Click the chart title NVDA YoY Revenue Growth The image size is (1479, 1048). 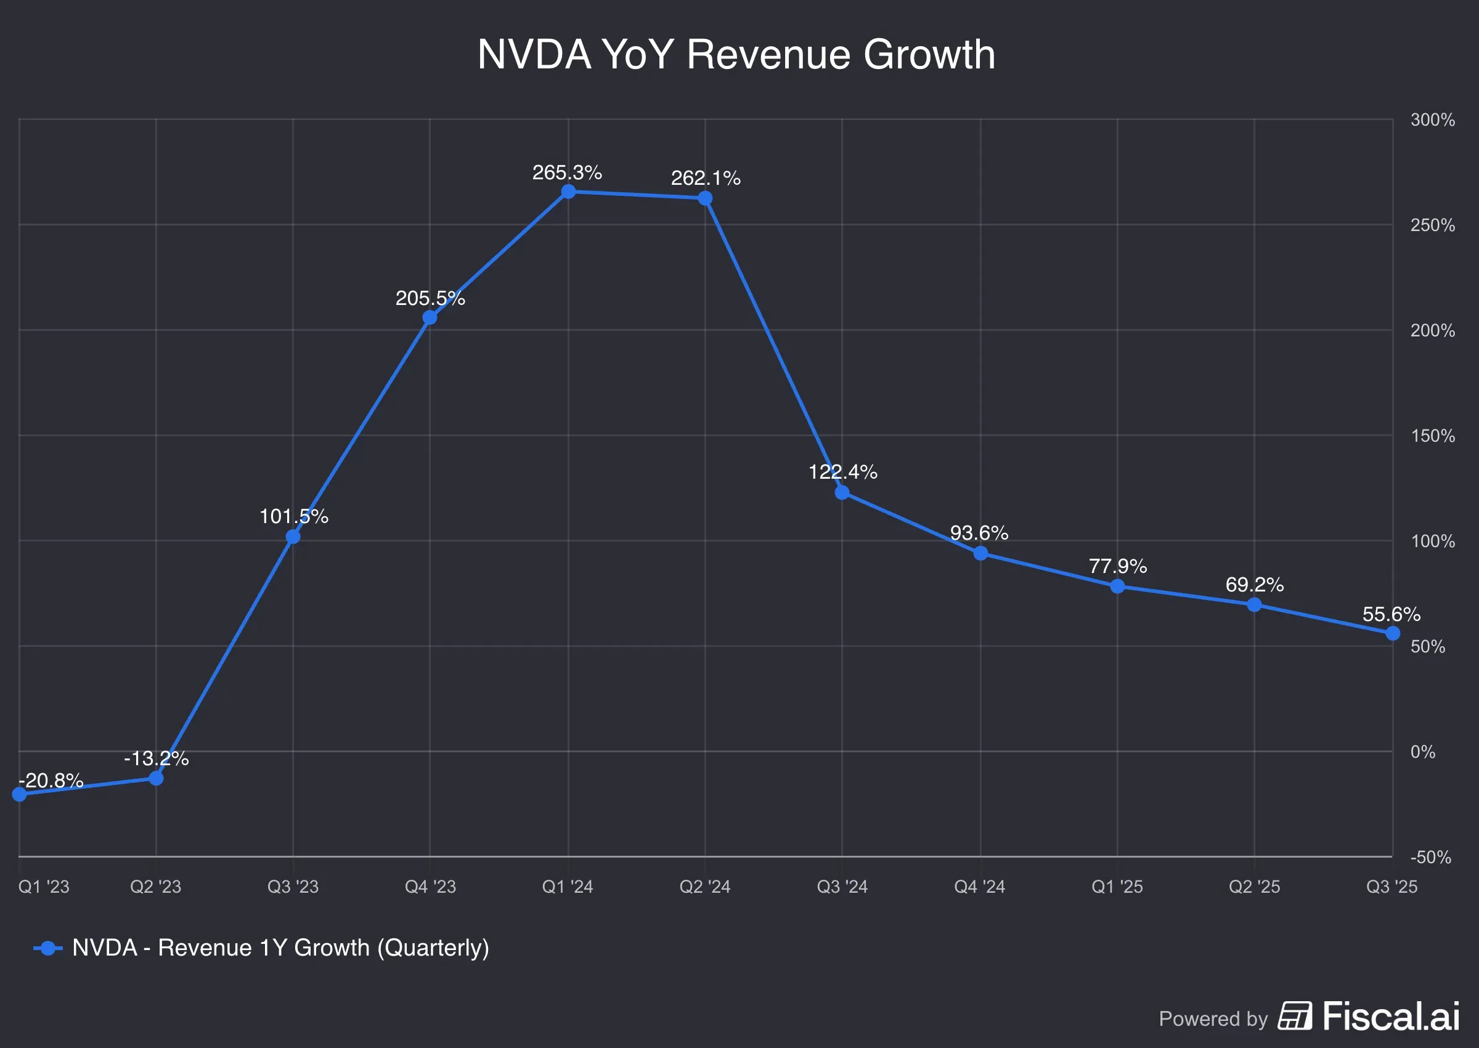736,54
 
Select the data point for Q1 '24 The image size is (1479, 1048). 568,192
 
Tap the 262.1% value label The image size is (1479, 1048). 706,178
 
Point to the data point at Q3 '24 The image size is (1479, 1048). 841,493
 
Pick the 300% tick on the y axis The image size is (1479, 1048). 1432,120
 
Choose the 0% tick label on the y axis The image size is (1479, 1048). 1423,752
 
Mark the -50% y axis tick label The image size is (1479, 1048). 1430,857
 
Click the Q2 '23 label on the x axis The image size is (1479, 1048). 155,887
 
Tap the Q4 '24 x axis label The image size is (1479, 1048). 980,887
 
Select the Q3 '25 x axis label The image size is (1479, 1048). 1391,887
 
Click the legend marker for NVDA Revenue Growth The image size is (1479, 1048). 47,948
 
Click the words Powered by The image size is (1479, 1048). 1213,1018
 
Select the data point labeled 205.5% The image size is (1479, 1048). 430,317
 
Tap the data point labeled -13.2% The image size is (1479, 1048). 156,778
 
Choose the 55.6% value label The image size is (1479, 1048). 1391,614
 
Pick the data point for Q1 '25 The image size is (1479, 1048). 1118,587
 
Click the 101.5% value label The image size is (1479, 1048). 293,516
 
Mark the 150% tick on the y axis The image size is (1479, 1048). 1433,436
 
